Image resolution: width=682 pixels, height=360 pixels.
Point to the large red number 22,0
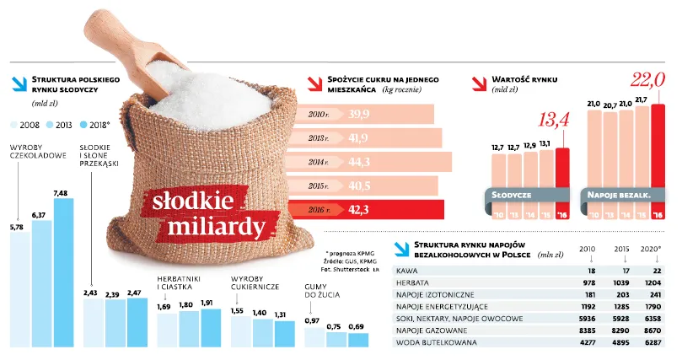click(x=648, y=81)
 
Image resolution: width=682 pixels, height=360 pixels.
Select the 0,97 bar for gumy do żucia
click(x=314, y=337)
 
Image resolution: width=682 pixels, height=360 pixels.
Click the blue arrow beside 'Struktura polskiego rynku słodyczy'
click(x=18, y=83)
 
